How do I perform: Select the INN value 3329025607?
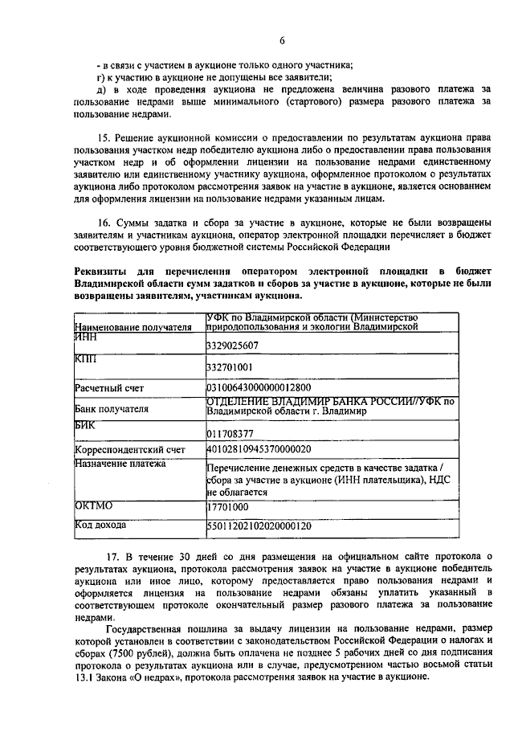pos(232,346)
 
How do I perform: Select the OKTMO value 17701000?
pos(228,507)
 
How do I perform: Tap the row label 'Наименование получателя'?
pos(133,328)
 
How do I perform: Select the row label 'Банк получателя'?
pos(111,409)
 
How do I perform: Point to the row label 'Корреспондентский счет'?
pos(129,449)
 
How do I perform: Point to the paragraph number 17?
pos(112,556)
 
